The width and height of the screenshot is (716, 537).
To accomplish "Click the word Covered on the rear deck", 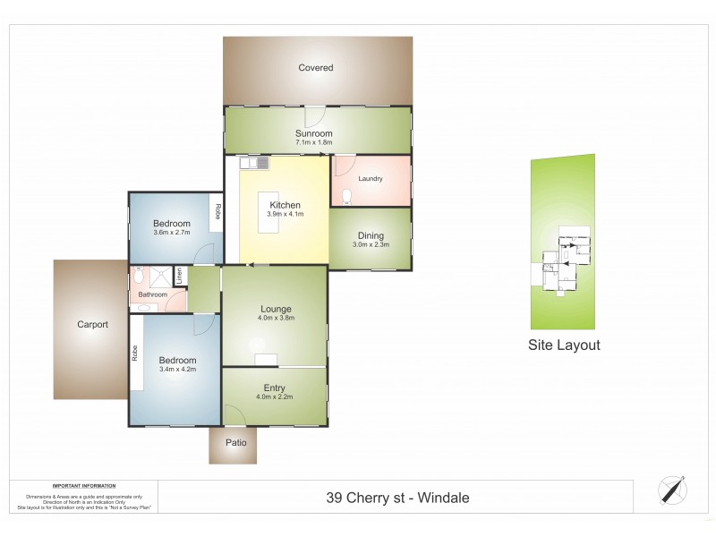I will [x=316, y=68].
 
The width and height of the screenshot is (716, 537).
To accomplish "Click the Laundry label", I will [x=371, y=179].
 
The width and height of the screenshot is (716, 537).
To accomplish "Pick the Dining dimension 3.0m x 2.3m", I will [x=371, y=243].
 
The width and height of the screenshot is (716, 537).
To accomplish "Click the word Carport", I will [x=92, y=325].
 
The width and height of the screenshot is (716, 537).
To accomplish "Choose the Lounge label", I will [x=276, y=307].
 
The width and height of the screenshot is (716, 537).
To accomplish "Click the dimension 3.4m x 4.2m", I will [x=177, y=369].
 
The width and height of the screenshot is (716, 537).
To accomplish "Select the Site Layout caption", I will [x=563, y=345].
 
